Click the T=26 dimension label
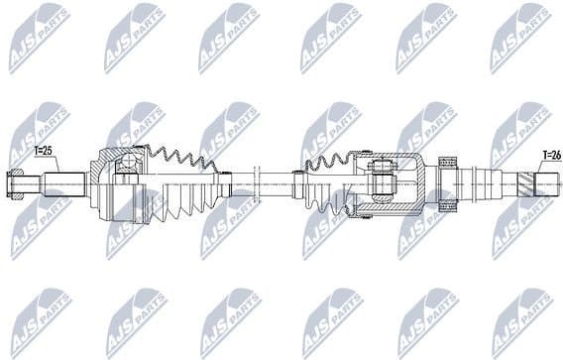[x=550, y=155]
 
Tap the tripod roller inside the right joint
[x=383, y=182]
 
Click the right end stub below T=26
[x=547, y=182]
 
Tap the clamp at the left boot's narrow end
[x=227, y=183]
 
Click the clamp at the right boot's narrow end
[x=298, y=182]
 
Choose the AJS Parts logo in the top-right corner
[x=519, y=36]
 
